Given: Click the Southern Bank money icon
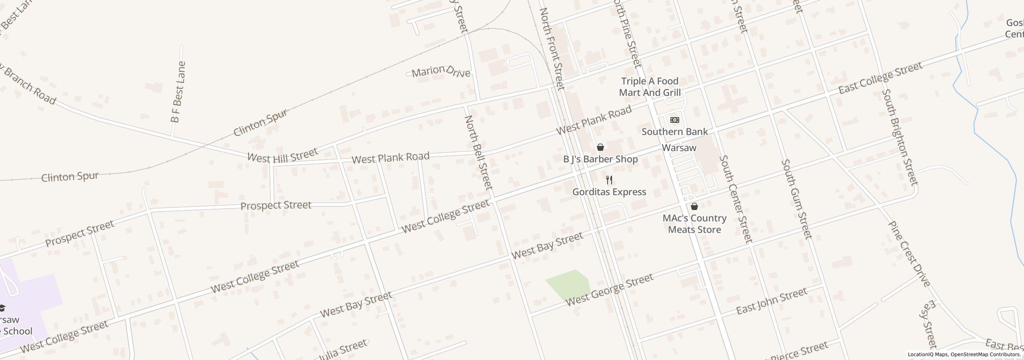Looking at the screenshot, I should (675, 120).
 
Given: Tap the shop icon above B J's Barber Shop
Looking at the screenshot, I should (600, 147).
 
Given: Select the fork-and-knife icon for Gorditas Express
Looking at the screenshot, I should (609, 180).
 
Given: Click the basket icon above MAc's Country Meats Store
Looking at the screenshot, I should (694, 206).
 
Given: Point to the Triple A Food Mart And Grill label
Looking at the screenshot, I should (650, 87).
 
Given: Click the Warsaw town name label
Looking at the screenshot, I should (679, 148).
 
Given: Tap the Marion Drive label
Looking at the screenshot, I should (441, 72).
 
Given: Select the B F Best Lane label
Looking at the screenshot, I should (178, 92).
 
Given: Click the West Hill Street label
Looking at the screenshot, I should (282, 155).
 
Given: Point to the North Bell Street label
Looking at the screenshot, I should (478, 152).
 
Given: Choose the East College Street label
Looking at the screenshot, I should (880, 78).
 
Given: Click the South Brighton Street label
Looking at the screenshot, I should (899, 137).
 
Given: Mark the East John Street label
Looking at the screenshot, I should (772, 301).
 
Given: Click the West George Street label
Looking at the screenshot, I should (610, 290).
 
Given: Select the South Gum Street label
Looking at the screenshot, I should (797, 199).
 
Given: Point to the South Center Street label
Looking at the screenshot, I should (736, 199).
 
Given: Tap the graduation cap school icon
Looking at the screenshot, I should (2, 308).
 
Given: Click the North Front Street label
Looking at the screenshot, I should (552, 49).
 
